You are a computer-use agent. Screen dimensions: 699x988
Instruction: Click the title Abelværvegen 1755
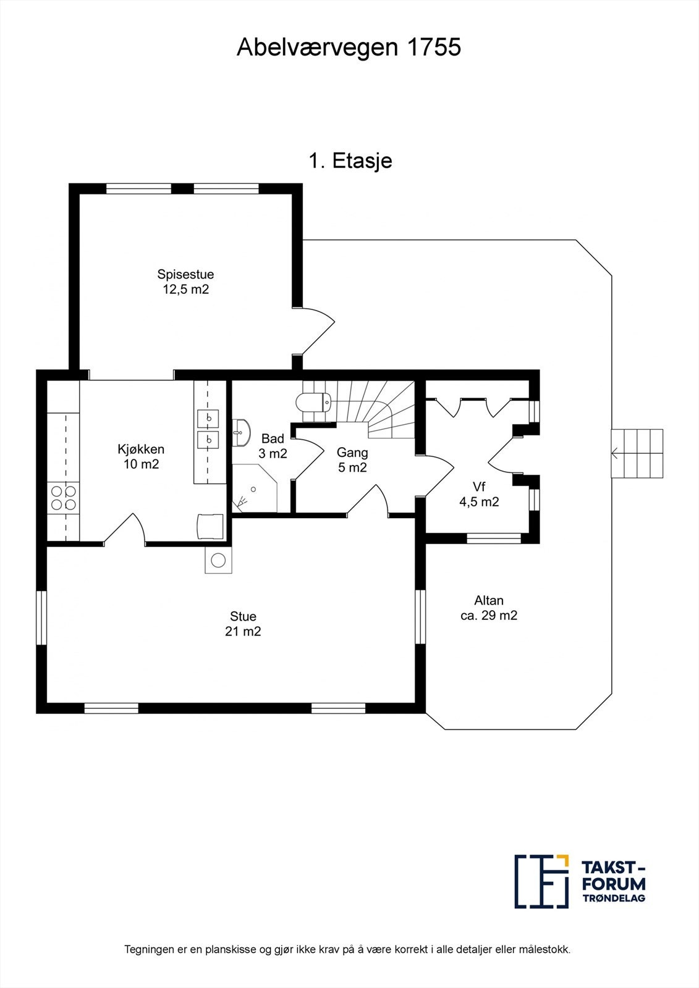[x=349, y=47]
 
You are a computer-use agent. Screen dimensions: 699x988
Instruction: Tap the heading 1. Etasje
[x=350, y=161]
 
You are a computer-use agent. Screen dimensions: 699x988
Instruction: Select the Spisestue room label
[x=185, y=274]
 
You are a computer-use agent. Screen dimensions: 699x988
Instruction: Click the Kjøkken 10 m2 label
[x=141, y=456]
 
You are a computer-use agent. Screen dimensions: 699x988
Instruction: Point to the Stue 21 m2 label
[x=243, y=624]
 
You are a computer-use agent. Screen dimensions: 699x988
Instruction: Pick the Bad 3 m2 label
[x=273, y=446]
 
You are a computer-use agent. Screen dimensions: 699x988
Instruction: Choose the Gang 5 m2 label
[x=352, y=459]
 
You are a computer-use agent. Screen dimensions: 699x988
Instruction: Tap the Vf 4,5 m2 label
[x=479, y=494]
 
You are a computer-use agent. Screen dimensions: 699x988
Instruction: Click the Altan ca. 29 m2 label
[x=489, y=608]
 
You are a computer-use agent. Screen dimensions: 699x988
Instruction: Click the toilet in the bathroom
[x=313, y=401]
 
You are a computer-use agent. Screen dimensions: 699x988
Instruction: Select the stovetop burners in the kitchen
[x=63, y=498]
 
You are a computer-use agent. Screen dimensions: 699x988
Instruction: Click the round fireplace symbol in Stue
[x=218, y=560]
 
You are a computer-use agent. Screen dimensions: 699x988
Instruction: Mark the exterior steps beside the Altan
[x=637, y=453]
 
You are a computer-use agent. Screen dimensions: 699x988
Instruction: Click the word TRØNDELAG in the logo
[x=614, y=898]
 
